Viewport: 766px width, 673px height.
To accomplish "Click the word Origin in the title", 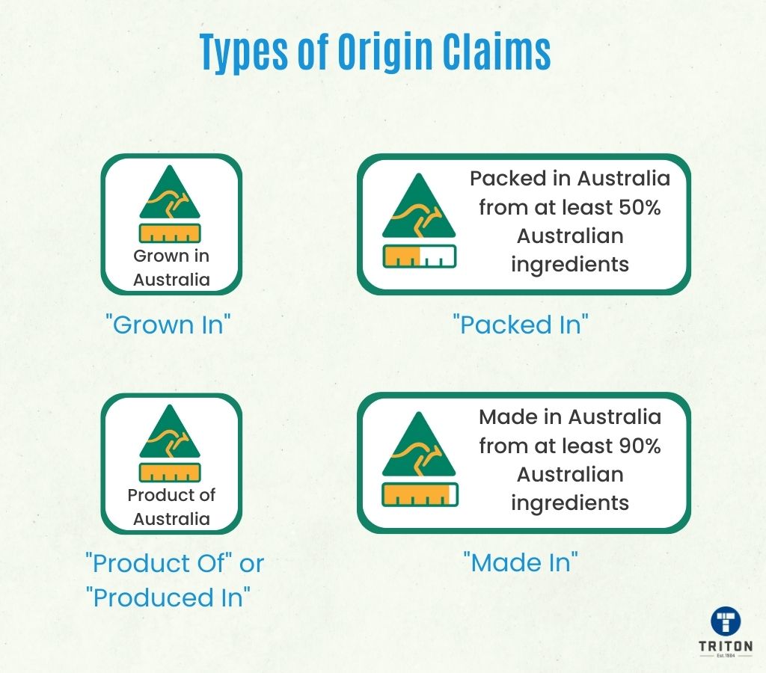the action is (385, 52).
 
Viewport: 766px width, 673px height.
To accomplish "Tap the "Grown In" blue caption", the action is (168, 325).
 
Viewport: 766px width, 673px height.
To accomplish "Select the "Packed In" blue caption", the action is (521, 325).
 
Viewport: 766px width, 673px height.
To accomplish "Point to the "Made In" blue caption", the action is (521, 562).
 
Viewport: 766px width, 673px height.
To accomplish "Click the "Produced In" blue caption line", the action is (168, 597).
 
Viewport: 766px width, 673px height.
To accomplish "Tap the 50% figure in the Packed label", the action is (640, 208).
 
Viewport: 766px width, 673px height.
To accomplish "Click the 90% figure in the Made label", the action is (640, 446).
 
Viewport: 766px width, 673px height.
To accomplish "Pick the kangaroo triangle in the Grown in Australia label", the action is (170, 193).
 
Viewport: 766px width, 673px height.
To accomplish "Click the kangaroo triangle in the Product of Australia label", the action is (170, 432).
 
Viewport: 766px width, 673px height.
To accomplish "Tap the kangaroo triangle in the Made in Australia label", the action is (419, 445).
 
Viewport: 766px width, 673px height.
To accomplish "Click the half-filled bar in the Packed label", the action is (419, 256).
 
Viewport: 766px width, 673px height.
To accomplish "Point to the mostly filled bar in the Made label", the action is (420, 494).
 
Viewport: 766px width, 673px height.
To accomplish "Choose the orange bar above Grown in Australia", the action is (170, 233).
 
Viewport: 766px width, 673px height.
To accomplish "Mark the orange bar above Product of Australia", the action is (170, 473).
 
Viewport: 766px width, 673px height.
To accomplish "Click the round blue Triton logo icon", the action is (726, 621).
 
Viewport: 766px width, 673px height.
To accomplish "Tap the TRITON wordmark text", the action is (726, 646).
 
